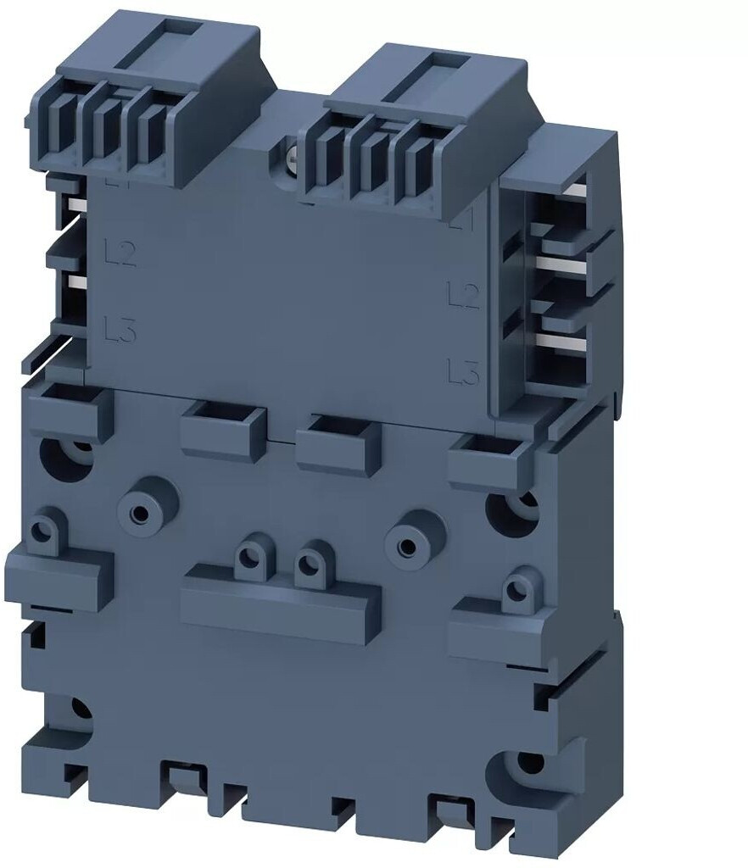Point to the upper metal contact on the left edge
(x=75, y=206)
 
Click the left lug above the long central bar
(x=248, y=557)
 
